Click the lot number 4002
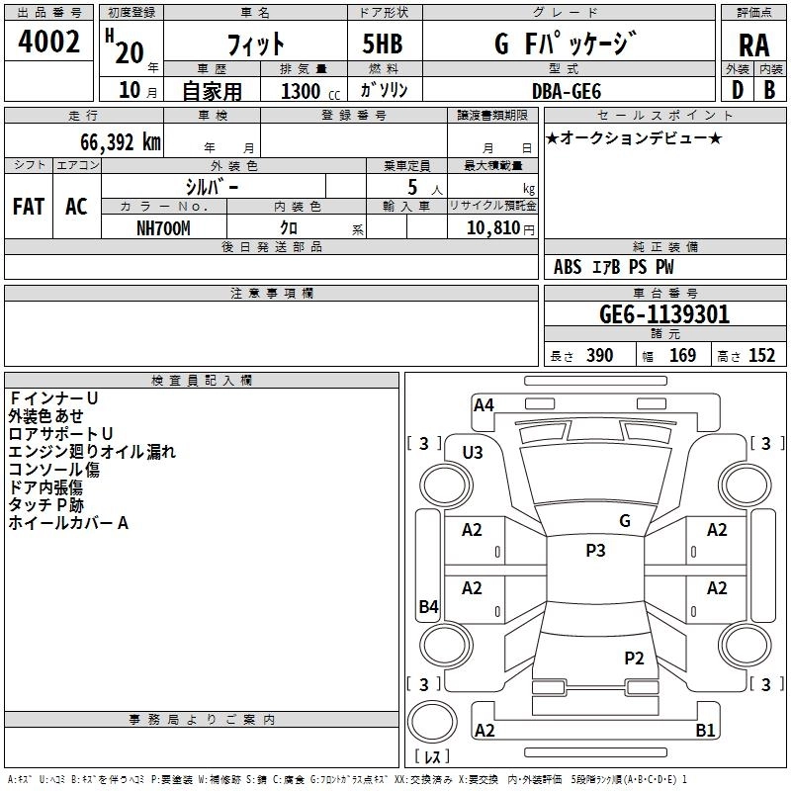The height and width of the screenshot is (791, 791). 49,44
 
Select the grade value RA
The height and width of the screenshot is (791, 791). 753,45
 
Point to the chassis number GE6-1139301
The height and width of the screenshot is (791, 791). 664,314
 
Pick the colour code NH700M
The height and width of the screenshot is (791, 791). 163,226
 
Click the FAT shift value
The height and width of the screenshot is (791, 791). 29,207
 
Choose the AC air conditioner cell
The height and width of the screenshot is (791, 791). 76,207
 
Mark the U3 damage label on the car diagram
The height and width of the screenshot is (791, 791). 473,453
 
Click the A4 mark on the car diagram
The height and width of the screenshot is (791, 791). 483,403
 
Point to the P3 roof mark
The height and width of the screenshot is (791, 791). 595,551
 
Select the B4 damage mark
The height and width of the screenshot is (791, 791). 428,607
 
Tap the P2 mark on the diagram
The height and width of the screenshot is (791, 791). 634,658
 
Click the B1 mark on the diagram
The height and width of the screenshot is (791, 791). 705,731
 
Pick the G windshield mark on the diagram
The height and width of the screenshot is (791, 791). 625,520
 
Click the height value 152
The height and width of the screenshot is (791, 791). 761,356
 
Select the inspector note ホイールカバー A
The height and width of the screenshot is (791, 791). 68,523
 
